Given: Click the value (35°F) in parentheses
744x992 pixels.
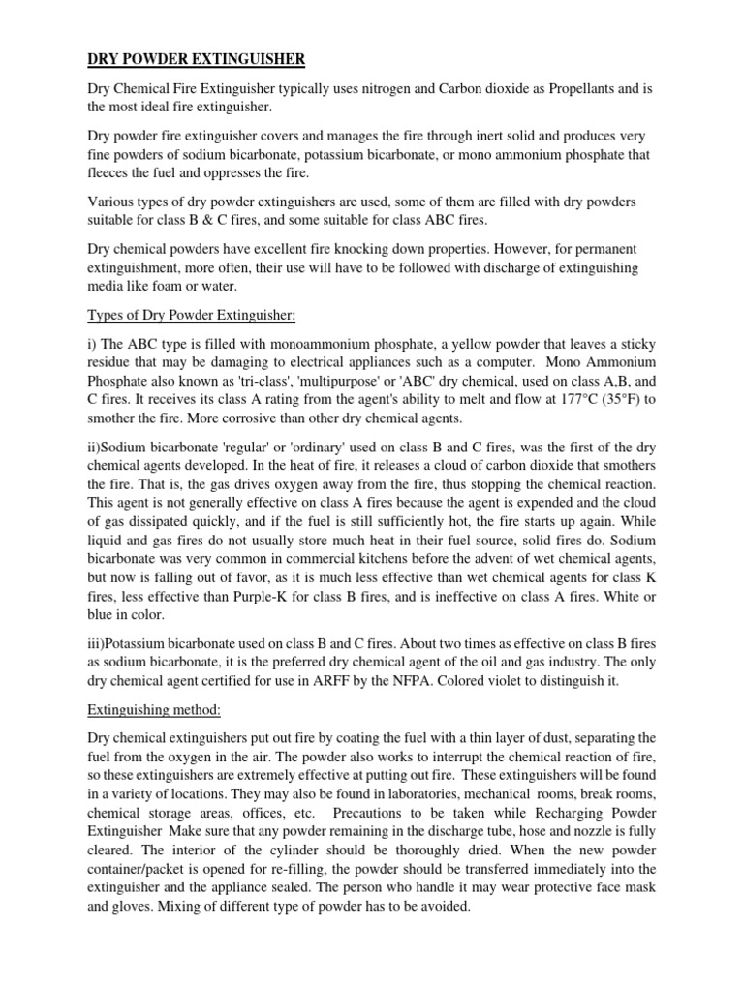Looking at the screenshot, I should [x=590, y=399].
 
